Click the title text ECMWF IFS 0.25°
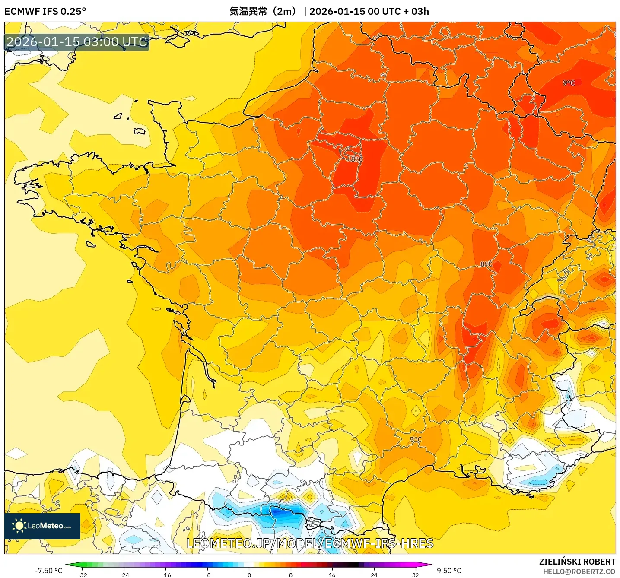coord(45,11)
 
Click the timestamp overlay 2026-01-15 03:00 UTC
coord(77,42)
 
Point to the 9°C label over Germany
coord(569,83)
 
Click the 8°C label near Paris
coord(356,159)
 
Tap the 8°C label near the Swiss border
coord(486,264)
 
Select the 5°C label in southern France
coord(416,440)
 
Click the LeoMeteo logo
coord(42,526)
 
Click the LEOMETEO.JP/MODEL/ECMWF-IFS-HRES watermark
coord(310,543)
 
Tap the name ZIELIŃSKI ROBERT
coord(577,562)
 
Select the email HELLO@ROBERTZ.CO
coord(579,572)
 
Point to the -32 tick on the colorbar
coord(82,575)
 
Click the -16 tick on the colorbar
coord(166,575)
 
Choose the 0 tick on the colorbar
coord(249,575)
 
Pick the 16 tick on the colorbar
coord(332,575)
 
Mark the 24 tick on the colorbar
coord(374,575)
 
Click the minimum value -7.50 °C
coord(48,571)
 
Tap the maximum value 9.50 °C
coord(449,571)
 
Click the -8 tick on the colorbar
coord(207,575)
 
